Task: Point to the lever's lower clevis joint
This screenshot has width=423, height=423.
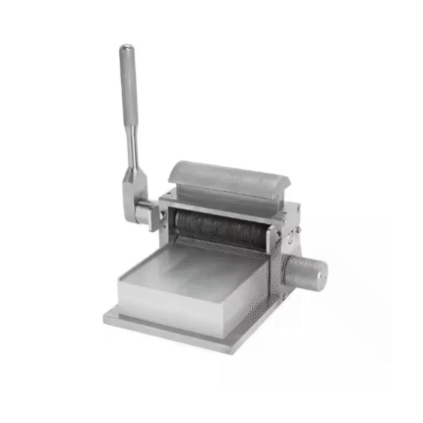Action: [x=133, y=188]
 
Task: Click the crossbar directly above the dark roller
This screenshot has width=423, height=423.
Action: [x=216, y=206]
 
